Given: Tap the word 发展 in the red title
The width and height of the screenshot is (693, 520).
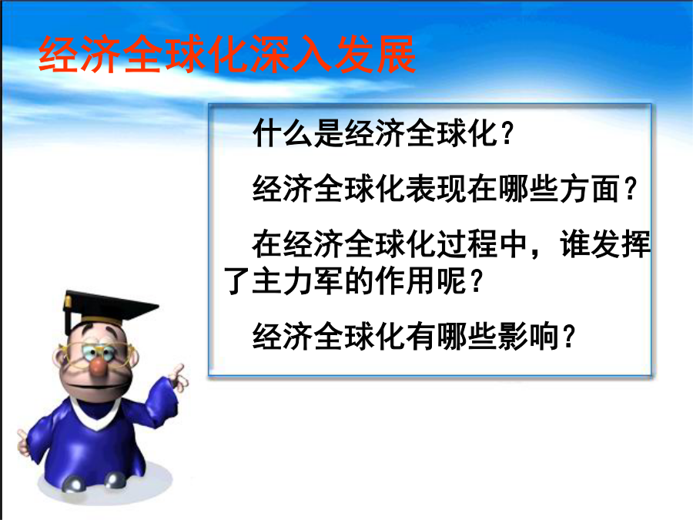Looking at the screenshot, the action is coord(375,55).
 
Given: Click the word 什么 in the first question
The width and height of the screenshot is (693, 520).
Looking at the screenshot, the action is coord(283,133).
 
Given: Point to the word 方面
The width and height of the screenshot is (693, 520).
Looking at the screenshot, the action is coord(590,189).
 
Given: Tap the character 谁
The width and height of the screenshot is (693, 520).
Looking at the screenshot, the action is coord(574,243).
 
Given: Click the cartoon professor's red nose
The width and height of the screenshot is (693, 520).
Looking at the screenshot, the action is coord(99,367).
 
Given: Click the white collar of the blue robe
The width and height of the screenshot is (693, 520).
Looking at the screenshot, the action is coord(95,414).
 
